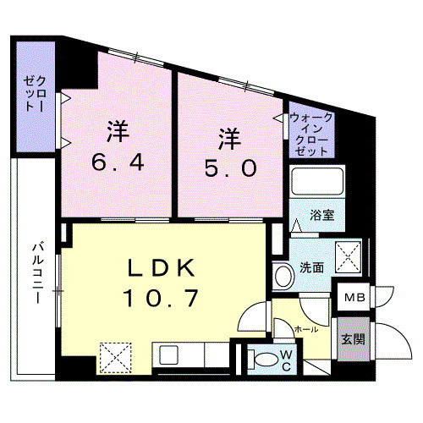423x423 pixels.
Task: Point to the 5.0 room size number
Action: (x=228, y=167)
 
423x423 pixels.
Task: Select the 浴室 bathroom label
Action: (x=321, y=215)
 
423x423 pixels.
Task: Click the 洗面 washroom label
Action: (x=312, y=268)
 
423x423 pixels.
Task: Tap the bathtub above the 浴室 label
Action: (x=314, y=182)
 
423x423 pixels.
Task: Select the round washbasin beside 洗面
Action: (x=282, y=274)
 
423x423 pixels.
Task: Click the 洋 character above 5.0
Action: (x=227, y=136)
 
